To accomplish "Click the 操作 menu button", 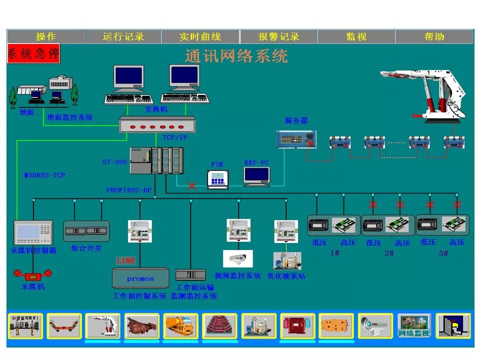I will pos(46,36).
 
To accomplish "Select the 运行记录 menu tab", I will pos(123,36).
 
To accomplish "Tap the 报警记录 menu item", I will pos(278,36).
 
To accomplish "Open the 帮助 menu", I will pos(434,36).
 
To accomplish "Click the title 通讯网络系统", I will pos(236,55).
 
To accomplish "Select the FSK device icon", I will pos(217,179).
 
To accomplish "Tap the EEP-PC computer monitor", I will pos(256,176).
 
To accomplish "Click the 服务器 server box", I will pos(296,139).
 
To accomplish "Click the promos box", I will pos(140,278).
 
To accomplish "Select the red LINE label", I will pos(125,260).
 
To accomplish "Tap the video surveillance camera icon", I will pos(237,258).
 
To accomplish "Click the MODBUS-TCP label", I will pos(45,175).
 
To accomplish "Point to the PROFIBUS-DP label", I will pos(128,190).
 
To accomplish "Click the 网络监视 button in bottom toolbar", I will pos(414,326).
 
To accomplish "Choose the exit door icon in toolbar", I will pos(453,326).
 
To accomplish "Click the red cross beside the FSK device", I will pos(191,186).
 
